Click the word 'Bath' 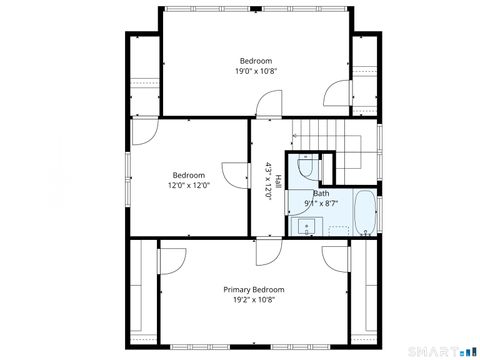[x=321, y=193]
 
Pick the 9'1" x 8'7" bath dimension [x=321, y=203]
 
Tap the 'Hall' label [x=278, y=182]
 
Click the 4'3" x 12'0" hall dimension [x=268, y=182]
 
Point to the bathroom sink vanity [x=301, y=226]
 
